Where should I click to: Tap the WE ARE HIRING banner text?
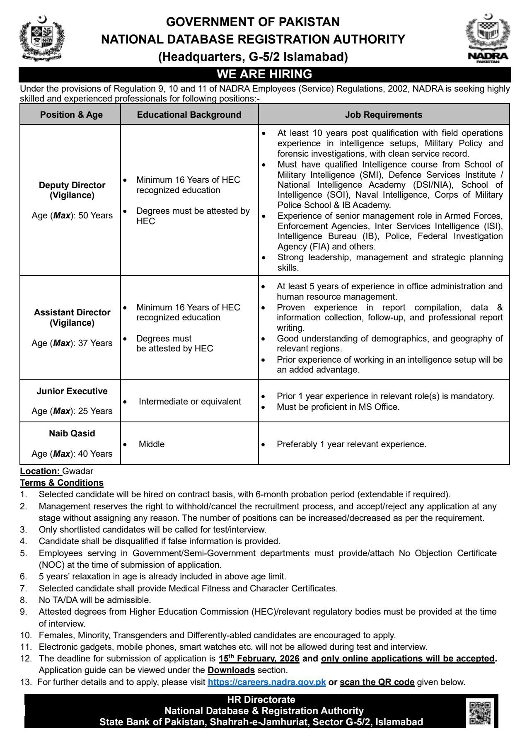(264, 74)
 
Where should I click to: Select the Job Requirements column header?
(384, 115)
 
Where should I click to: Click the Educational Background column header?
(189, 115)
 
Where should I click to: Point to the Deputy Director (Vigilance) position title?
(72, 190)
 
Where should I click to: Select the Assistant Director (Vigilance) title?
(72, 317)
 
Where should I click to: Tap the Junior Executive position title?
(72, 391)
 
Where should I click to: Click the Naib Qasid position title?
(72, 434)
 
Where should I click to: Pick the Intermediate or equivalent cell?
(190, 402)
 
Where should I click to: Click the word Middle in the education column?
(152, 444)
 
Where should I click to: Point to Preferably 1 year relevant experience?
(351, 444)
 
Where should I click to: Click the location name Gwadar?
(78, 471)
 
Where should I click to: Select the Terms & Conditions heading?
(62, 483)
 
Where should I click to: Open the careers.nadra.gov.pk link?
(267, 682)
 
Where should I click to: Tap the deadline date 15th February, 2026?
(259, 659)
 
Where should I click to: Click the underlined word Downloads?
(231, 670)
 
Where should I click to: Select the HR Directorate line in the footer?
(261, 700)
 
